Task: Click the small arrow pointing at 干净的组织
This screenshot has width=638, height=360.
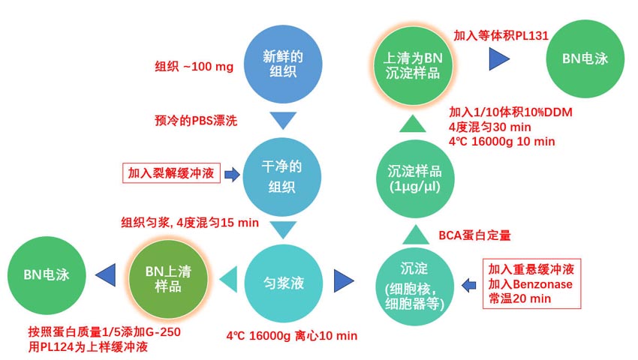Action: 232,175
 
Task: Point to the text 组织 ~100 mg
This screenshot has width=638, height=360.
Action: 194,67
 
